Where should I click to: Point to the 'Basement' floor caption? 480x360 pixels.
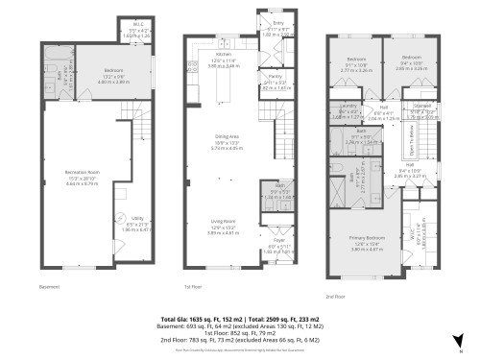coord(49,286)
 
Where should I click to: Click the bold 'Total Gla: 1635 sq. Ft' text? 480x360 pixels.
coord(207,317)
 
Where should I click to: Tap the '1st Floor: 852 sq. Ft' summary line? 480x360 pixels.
coord(240,332)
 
